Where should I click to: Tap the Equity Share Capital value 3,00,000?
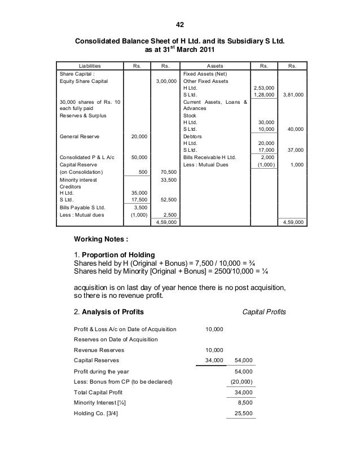coord(165,81)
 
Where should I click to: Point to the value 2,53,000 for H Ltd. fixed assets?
coord(262,88)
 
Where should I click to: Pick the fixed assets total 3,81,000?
coord(293,95)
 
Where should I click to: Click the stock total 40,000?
coord(295,129)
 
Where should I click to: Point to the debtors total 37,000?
coord(295,150)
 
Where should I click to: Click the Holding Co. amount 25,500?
coord(242,413)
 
